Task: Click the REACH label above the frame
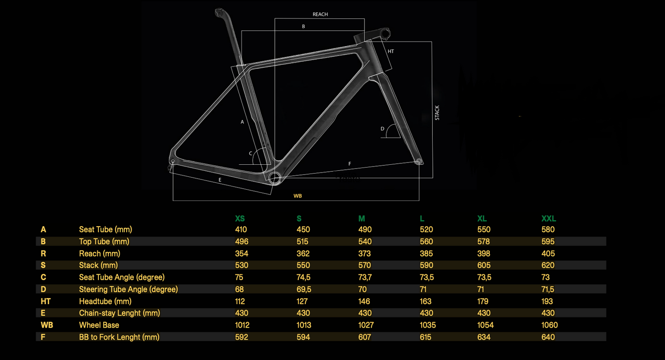320,14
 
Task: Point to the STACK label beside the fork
437,113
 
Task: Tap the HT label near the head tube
391,51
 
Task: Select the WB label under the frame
297,196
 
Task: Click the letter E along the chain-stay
220,180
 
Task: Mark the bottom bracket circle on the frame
275,178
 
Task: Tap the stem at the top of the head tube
375,35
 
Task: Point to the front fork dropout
419,161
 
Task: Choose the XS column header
240,218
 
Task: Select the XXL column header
549,218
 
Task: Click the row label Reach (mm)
99,253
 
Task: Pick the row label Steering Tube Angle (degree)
128,289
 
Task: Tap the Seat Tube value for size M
365,229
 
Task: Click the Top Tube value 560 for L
426,241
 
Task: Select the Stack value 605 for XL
484,265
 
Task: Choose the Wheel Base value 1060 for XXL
550,325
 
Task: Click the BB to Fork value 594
303,337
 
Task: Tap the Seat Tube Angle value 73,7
365,277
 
